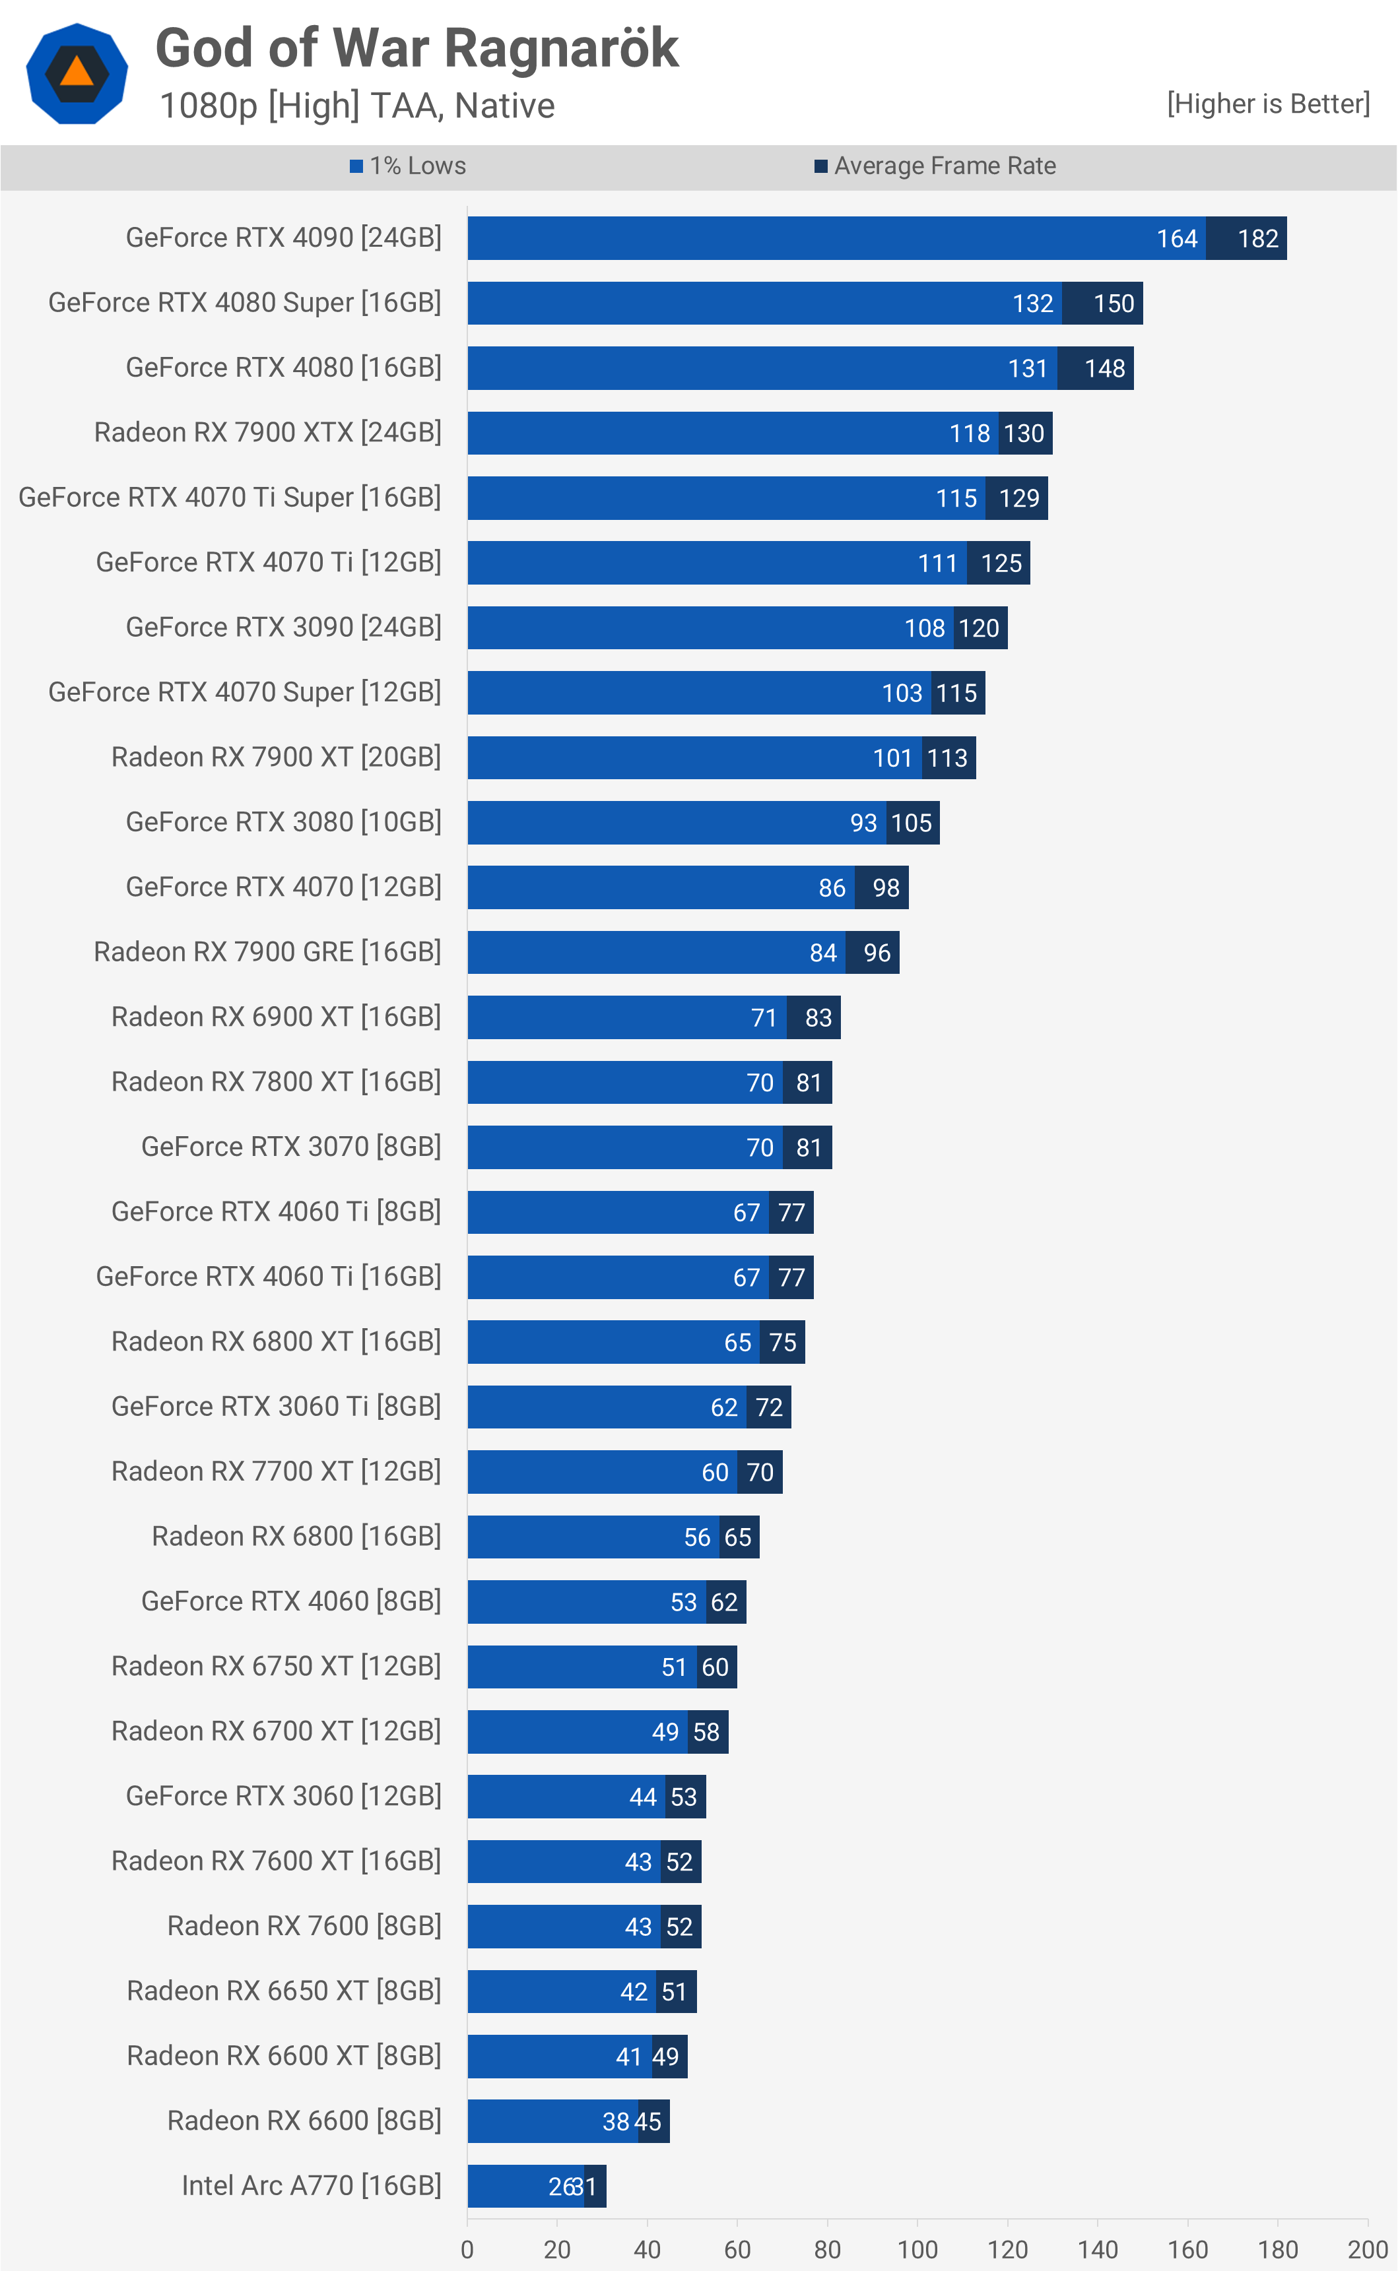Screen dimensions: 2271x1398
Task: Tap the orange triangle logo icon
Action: coord(77,72)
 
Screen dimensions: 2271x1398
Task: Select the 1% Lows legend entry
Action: coord(408,166)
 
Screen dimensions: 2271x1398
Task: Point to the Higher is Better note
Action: coord(1267,104)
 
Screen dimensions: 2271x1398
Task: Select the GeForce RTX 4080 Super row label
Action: coord(244,303)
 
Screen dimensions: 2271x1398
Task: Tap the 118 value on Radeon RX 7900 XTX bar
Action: coord(969,433)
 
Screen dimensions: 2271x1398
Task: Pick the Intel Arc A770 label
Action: coord(311,2186)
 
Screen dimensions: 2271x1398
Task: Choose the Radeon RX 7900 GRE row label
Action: coord(267,952)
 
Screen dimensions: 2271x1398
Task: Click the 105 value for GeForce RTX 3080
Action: coord(911,823)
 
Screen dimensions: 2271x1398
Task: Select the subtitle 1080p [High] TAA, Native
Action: coord(357,106)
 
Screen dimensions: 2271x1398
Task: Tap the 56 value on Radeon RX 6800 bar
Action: coord(697,1537)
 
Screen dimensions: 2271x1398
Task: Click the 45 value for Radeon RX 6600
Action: coord(648,2122)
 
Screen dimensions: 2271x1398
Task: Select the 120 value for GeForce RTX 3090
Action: coord(978,629)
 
